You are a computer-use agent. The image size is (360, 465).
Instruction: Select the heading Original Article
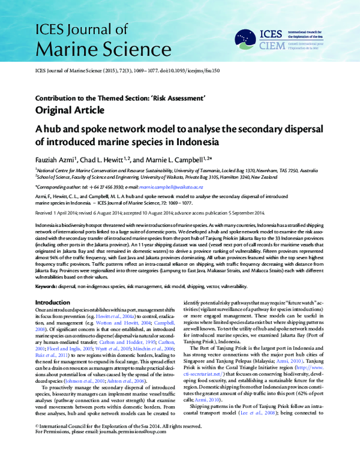click(x=70, y=110)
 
